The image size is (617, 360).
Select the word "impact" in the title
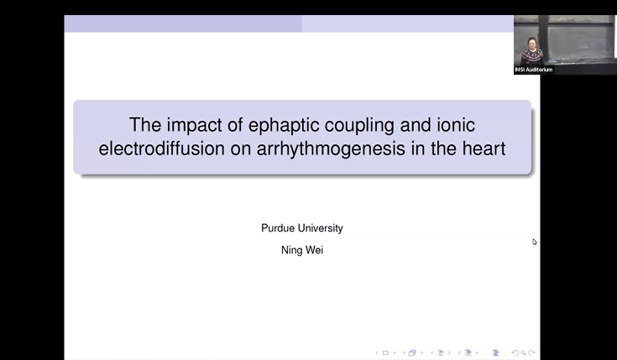tap(186, 126)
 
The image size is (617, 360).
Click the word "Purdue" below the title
tap(278, 228)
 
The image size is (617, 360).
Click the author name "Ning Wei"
tap(301, 250)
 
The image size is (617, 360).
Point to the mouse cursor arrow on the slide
tap(535, 242)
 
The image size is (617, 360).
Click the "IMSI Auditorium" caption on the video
tap(534, 70)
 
